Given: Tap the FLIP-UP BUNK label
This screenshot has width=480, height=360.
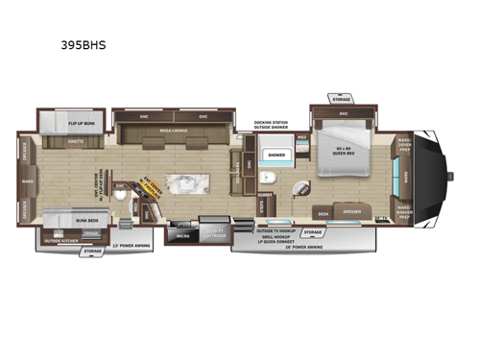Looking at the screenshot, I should (x=60, y=123).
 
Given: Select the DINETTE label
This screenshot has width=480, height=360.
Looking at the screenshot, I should (x=77, y=142).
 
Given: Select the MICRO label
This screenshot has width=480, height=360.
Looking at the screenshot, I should (x=181, y=232).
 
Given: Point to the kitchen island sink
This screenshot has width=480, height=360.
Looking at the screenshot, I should (x=182, y=181).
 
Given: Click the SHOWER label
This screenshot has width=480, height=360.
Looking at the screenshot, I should (x=276, y=154).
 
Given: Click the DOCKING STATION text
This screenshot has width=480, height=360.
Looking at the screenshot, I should (x=271, y=123).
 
